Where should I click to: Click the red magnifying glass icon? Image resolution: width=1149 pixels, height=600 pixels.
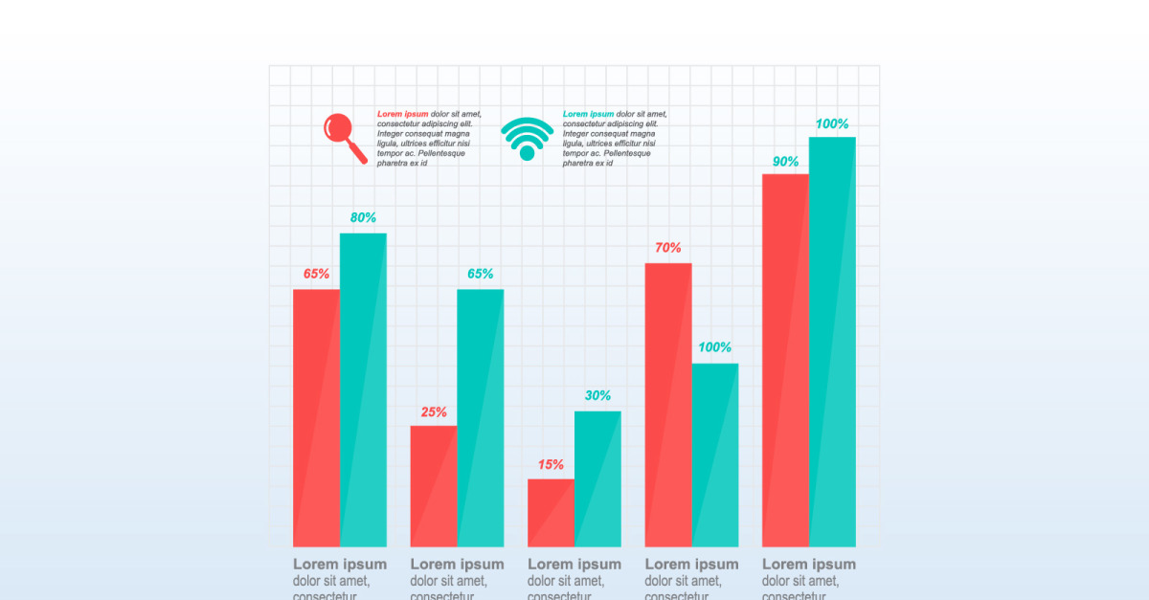click(x=342, y=134)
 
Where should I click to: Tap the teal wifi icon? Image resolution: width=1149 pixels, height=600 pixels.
click(x=527, y=140)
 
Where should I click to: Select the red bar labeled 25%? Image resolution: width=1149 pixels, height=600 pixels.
click(x=434, y=486)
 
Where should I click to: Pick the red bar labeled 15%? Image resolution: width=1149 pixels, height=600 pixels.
click(x=551, y=513)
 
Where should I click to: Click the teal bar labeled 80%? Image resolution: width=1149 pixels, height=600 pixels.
click(x=363, y=389)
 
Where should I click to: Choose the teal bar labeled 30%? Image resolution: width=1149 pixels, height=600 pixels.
click(x=597, y=478)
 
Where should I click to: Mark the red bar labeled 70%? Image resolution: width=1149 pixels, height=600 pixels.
click(x=668, y=404)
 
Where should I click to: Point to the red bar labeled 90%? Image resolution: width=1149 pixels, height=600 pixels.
click(x=785, y=360)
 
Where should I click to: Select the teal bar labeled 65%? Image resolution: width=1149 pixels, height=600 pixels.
click(x=481, y=417)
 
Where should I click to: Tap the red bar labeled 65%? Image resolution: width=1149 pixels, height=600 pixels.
click(x=316, y=417)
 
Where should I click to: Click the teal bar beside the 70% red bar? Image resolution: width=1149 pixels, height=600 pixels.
click(x=715, y=455)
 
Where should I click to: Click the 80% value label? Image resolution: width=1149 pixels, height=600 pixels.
click(x=363, y=218)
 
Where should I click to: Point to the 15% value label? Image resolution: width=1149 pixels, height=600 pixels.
click(x=551, y=465)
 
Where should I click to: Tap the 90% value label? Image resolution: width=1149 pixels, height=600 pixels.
click(x=785, y=162)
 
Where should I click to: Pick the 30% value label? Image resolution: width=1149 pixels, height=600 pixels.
click(x=597, y=396)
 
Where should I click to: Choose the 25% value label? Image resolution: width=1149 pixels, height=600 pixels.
click(x=434, y=412)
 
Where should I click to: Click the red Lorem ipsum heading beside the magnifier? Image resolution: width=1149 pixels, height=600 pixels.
click(x=402, y=114)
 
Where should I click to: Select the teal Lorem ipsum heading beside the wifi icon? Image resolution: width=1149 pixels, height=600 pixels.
click(x=588, y=114)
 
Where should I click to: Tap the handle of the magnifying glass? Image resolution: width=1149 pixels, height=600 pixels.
click(x=358, y=153)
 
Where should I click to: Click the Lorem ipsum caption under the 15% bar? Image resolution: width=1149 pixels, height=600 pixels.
click(x=574, y=565)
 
